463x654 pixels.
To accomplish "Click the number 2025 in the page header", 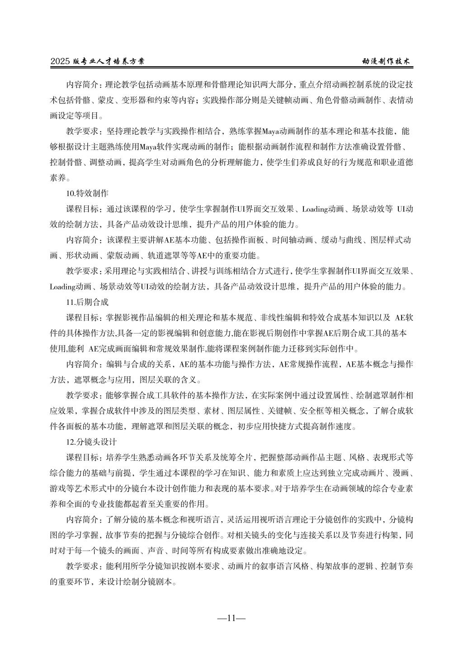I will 60,61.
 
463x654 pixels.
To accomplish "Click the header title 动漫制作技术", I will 387,61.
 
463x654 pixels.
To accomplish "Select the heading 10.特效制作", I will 87,193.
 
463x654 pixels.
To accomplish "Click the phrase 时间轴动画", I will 294,240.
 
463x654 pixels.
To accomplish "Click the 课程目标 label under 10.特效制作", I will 82,209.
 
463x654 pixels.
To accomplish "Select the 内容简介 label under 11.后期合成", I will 82,364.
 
